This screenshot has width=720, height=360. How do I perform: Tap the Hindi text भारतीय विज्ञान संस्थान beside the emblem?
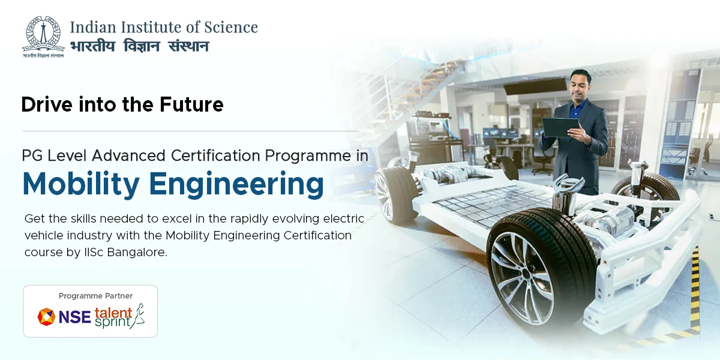[139, 46]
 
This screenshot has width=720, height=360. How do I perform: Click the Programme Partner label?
[95, 296]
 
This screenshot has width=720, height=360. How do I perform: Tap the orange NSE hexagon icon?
[46, 317]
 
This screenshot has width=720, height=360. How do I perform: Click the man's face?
[580, 85]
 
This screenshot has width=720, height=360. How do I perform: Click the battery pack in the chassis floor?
[486, 201]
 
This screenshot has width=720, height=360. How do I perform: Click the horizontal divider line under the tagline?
[190, 131]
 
